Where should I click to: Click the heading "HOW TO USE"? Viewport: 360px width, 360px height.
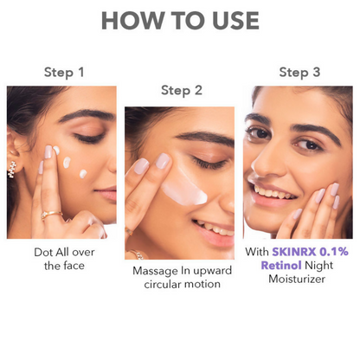pyautogui.click(x=180, y=20)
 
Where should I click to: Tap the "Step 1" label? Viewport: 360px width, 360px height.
pyautogui.click(x=64, y=72)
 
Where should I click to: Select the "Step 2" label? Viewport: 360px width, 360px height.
pyautogui.click(x=181, y=89)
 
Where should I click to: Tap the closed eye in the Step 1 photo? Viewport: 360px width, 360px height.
pyautogui.click(x=87, y=138)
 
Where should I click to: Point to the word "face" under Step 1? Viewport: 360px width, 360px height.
pyautogui.click(x=76, y=265)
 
